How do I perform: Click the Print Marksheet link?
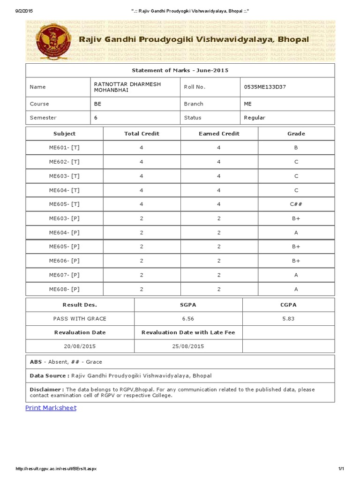[x=51, y=408]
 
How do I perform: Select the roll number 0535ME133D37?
[x=265, y=87]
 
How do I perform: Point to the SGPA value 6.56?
[x=188, y=319]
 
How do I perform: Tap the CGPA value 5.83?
[x=288, y=319]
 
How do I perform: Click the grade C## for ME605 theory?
[x=296, y=204]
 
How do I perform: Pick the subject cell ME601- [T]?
[x=64, y=148]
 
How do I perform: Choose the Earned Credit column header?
[x=219, y=134]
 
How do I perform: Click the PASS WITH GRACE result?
[x=80, y=319]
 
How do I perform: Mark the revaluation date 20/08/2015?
[x=80, y=346]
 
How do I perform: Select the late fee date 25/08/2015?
[x=188, y=346]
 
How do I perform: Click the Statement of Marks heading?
[x=180, y=70]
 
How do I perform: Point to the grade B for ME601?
[x=296, y=148]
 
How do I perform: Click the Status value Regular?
[x=255, y=118]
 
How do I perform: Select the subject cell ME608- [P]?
[x=64, y=289]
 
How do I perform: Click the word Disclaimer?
[x=46, y=390]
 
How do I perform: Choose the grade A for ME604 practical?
[x=296, y=232]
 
